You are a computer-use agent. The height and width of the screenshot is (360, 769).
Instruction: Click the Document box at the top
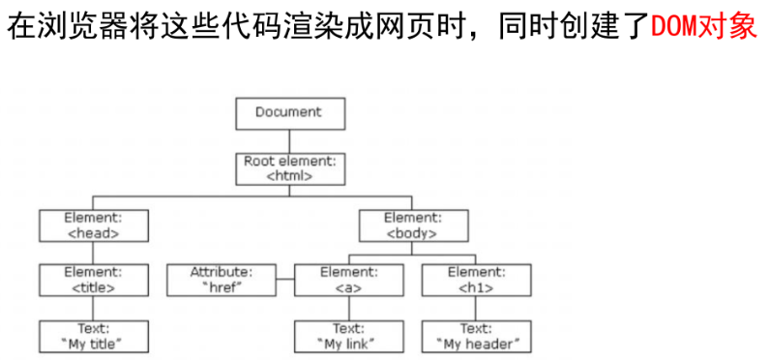[x=287, y=112]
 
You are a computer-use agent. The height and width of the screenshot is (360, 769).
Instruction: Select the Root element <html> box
[x=287, y=168]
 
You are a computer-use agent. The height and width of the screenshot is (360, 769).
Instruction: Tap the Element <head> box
[x=93, y=225]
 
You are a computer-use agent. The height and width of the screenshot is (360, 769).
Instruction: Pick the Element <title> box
[x=93, y=280]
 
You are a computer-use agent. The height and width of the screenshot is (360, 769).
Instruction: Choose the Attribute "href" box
[x=221, y=280]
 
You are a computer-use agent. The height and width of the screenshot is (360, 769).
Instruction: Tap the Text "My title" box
[x=93, y=336]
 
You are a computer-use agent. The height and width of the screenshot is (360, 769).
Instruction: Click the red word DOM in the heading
[x=672, y=26]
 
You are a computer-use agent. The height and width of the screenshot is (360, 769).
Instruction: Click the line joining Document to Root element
[x=287, y=140]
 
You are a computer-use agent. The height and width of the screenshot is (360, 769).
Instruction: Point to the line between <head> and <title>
[x=93, y=252]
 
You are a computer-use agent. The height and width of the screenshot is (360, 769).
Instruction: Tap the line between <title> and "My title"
[x=93, y=308]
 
